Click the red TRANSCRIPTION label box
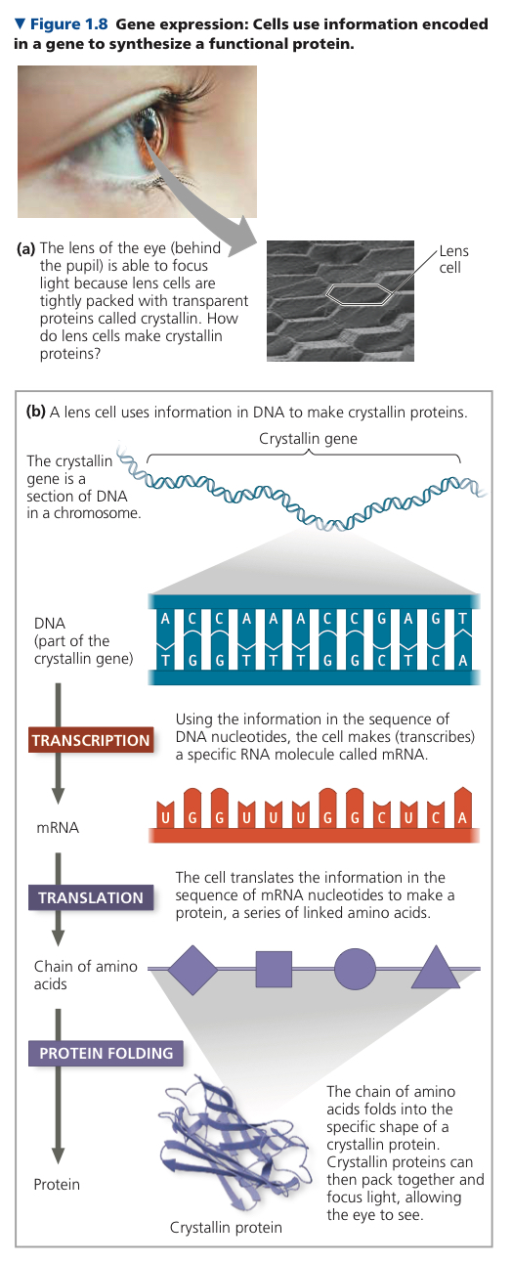[91, 740]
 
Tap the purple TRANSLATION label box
[91, 897]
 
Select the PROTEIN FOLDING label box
[106, 1053]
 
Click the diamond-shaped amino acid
[192, 970]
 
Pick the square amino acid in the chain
[274, 969]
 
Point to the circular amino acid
[355, 969]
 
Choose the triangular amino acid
[436, 968]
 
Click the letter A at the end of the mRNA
[462, 817]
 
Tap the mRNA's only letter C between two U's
[381, 817]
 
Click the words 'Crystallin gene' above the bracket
[308, 438]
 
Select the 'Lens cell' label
[454, 259]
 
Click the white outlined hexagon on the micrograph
[359, 294]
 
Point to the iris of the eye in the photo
[152, 131]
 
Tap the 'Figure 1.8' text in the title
[68, 23]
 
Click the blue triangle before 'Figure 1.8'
[21, 23]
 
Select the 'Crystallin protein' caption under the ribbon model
[226, 1227]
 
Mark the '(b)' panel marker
[35, 412]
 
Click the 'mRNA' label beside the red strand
[58, 827]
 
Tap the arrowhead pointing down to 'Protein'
[58, 1155]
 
